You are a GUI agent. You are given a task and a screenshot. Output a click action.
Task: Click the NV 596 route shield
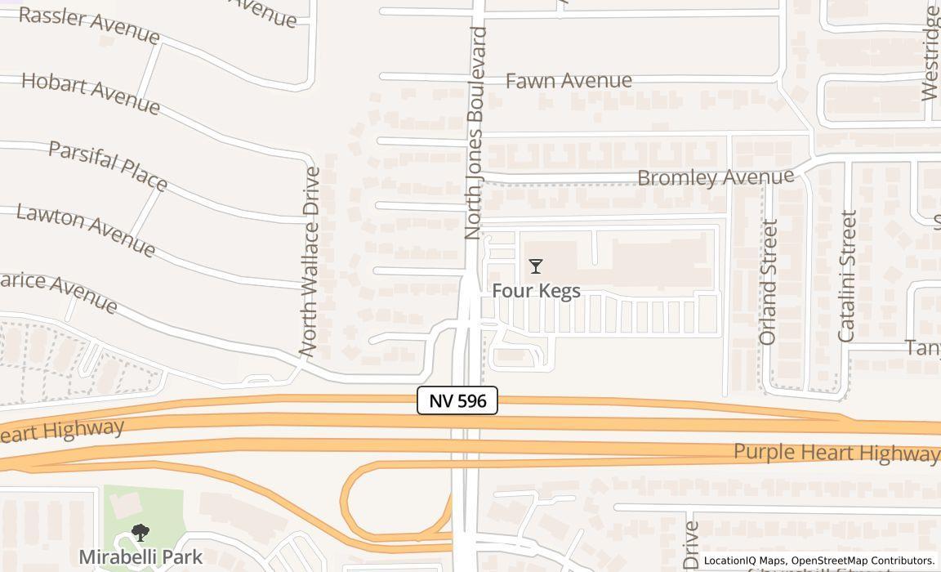457,400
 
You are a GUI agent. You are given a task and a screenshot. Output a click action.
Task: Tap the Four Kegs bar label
536,291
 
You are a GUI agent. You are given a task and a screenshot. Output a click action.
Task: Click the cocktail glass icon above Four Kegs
536,266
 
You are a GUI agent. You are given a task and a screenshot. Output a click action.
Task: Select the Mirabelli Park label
140,557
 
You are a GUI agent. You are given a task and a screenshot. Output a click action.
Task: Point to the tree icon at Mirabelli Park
140,534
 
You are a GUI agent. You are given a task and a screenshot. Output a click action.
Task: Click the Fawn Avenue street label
569,80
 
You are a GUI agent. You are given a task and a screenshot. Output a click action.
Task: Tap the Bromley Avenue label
716,177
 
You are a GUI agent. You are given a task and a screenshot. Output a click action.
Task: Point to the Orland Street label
768,282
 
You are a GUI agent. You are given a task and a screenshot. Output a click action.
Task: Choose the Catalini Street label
847,276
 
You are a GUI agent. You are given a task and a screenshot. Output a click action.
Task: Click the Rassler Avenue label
88,25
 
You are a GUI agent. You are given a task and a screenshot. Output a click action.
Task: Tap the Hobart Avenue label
91,92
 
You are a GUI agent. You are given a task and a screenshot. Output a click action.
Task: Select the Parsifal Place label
108,165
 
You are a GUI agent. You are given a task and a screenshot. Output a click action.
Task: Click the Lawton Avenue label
86,230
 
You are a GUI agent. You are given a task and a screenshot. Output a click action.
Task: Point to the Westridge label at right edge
930,53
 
